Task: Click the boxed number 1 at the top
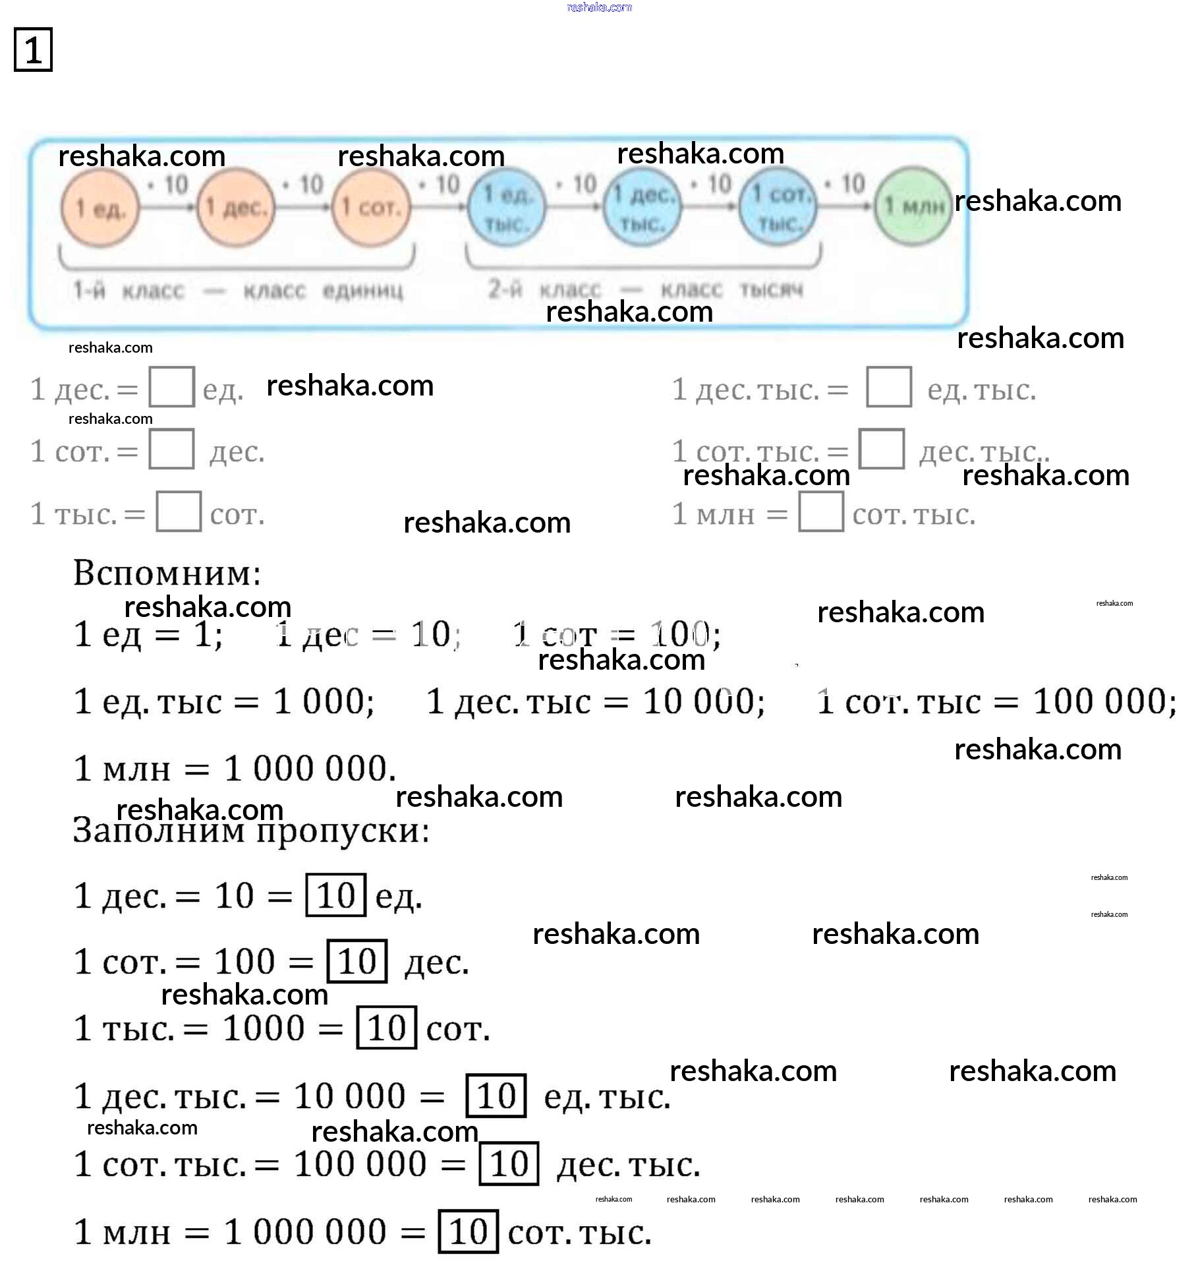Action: point(33,50)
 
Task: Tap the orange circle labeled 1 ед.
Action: point(100,208)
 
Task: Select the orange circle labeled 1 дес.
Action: point(236,208)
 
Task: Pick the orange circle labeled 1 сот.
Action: point(371,208)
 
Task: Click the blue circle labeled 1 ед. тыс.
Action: point(506,208)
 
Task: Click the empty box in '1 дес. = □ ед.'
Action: point(171,388)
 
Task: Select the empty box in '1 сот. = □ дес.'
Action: point(171,450)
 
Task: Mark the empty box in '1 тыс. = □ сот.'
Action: point(179,512)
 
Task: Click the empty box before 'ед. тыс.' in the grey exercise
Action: point(888,388)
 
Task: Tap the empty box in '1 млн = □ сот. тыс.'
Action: point(820,512)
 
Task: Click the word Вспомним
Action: point(167,572)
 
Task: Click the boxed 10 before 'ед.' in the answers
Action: point(335,895)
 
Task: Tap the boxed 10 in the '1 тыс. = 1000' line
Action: point(386,1028)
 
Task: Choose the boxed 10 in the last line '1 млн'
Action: point(468,1231)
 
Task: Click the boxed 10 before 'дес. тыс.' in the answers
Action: point(509,1164)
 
